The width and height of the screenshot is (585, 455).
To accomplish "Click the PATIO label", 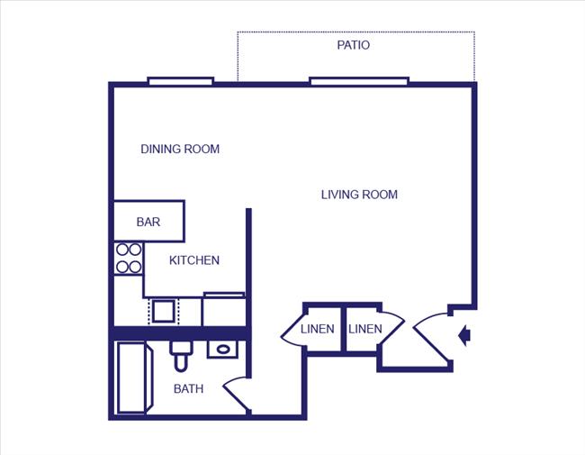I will (353, 45).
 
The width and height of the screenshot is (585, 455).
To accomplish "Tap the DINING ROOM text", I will (180, 149).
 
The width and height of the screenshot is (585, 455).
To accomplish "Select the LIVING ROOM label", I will (359, 195).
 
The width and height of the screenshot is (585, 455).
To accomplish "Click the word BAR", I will (148, 222).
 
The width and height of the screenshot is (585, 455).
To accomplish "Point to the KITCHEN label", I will (194, 260).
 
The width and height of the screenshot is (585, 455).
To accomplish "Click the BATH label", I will (188, 389).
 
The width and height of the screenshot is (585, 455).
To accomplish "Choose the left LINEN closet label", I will (318, 329).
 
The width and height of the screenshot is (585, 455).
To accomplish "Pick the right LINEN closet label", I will (364, 329).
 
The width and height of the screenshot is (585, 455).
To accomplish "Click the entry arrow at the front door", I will (464, 336).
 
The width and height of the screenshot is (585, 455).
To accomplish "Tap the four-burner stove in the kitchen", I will (129, 258).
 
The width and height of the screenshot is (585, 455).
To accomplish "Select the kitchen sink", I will (164, 312).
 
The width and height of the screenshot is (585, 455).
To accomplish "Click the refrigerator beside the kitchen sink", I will (223, 309).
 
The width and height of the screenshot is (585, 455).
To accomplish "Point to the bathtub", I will (131, 378).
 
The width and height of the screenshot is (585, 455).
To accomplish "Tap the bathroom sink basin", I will (222, 349).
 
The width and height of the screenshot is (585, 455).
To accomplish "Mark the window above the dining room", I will (180, 81).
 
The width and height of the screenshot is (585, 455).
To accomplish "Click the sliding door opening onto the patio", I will (358, 81).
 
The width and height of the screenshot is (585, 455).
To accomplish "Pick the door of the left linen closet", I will (292, 331).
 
